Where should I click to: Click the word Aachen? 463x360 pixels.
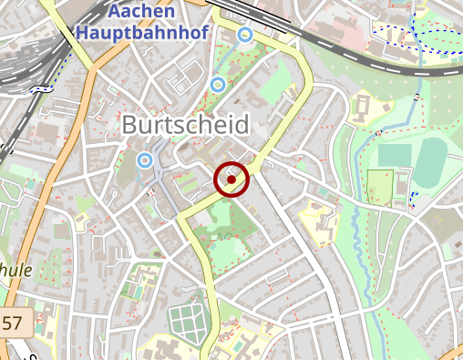pyautogui.click(x=141, y=13)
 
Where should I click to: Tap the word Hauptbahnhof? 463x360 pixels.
pyautogui.click(x=143, y=33)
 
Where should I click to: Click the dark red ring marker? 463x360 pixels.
pyautogui.click(x=231, y=180)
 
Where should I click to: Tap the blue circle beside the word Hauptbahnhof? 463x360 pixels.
pyautogui.click(x=244, y=35)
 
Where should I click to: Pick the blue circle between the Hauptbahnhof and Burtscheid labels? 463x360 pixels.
pyautogui.click(x=217, y=85)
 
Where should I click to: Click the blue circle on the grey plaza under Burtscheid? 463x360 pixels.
pyautogui.click(x=144, y=160)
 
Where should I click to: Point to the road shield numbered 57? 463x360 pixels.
pyautogui.click(x=14, y=322)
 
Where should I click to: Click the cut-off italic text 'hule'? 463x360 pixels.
pyautogui.click(x=16, y=270)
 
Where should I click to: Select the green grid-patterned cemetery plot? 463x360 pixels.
pyautogui.click(x=188, y=322)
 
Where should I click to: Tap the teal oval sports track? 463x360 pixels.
pyautogui.click(x=433, y=158)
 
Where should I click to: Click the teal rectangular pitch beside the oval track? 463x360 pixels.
pyautogui.click(x=395, y=155)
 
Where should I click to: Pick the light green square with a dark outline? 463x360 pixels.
pyautogui.click(x=378, y=186)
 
